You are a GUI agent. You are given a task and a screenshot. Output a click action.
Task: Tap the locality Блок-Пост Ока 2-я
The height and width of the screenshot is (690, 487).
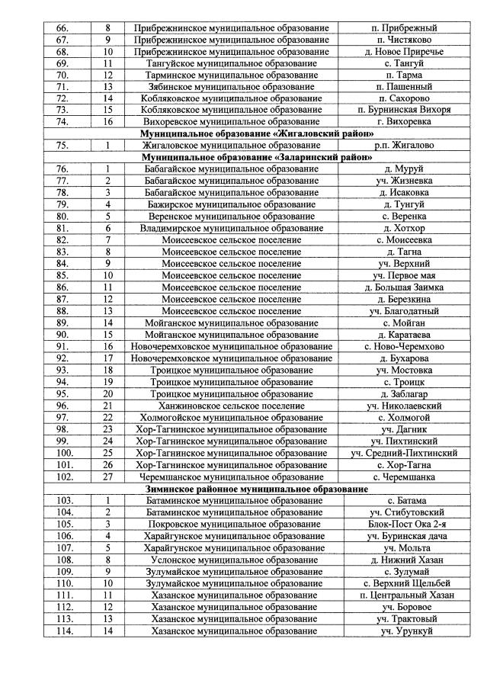(x=401, y=525)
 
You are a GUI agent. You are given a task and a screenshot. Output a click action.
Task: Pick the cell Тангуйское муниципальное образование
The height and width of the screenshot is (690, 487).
(x=231, y=63)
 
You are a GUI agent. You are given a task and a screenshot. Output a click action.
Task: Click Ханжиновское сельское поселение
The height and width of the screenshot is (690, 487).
(x=231, y=406)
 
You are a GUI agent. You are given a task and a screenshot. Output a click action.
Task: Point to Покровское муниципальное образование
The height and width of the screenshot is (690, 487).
(x=231, y=525)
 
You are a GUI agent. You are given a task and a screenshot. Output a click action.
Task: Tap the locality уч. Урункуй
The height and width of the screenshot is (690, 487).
(x=401, y=631)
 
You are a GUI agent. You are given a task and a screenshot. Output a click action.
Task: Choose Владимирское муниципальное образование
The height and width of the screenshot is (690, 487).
(x=231, y=228)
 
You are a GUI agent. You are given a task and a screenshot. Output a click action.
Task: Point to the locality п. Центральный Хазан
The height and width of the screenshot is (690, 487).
(x=401, y=595)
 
